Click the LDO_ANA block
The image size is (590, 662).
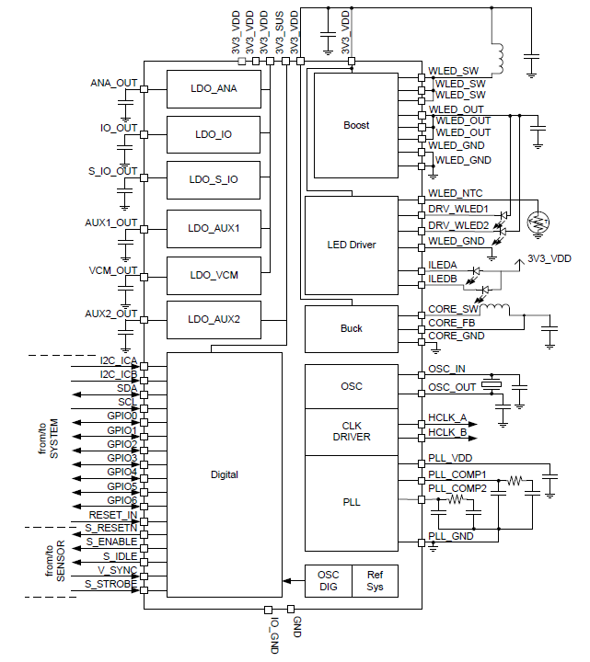pyautogui.click(x=213, y=89)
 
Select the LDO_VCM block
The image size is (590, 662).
pyautogui.click(x=213, y=275)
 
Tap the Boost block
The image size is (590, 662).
pyautogui.click(x=356, y=126)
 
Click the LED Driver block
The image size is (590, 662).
pyautogui.click(x=351, y=245)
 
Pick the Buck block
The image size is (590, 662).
pyautogui.click(x=351, y=327)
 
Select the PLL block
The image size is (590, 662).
pyautogui.click(x=351, y=502)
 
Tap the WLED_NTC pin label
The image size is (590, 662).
pyautogui.click(x=455, y=194)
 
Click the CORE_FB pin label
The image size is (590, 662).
pyautogui.click(x=451, y=323)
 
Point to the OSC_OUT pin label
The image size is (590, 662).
pyautogui.click(x=452, y=387)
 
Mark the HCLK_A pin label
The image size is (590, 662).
pyautogui.click(x=447, y=417)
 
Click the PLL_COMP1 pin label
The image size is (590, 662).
pyautogui.click(x=457, y=474)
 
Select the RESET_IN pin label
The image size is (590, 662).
pyautogui.click(x=112, y=514)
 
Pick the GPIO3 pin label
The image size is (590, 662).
pyautogui.click(x=121, y=458)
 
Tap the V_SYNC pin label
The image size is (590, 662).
pyautogui.click(x=117, y=570)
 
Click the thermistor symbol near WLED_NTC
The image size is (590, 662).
pyautogui.click(x=536, y=222)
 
